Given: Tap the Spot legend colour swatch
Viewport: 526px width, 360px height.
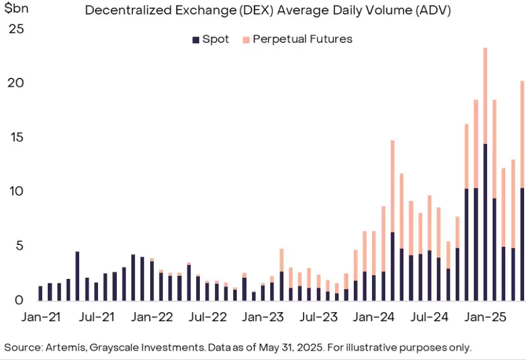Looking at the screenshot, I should pos(195,40).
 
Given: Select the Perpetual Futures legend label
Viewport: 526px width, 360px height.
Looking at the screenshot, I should pos(302,39).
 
